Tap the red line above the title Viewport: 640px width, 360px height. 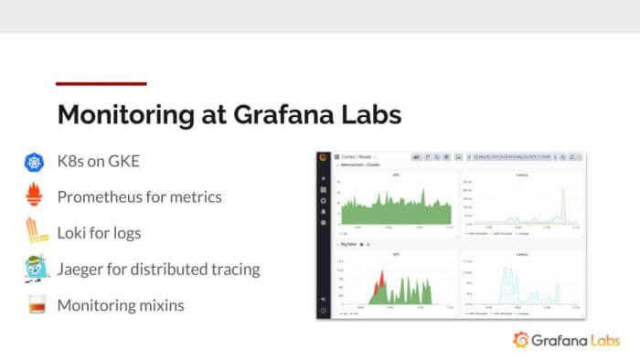101,84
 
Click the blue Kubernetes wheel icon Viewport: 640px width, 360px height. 35,163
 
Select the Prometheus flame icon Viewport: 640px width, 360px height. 35,196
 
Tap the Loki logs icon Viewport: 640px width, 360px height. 35,232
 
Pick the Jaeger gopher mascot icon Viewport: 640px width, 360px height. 35,269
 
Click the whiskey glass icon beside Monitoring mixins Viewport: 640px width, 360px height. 35,305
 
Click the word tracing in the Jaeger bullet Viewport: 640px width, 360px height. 231,270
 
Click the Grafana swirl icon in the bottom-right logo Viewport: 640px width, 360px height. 522,340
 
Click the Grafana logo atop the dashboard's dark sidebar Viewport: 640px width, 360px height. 323,158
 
